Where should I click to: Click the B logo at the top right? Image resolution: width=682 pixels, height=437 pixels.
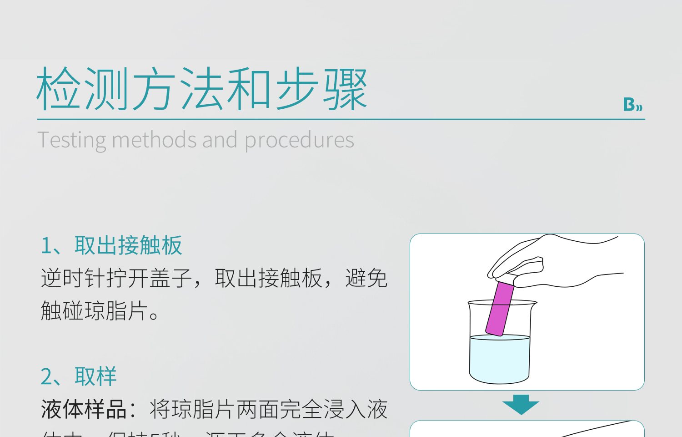(632, 105)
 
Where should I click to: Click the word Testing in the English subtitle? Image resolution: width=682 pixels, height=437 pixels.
(72, 140)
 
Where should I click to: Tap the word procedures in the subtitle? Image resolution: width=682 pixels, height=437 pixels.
(299, 140)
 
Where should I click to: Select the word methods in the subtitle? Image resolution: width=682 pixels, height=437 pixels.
(154, 140)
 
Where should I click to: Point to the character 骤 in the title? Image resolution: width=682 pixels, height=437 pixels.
(345, 89)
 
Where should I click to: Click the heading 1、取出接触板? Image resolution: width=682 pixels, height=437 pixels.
(111, 246)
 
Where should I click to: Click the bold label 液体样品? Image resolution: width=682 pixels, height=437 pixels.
(84, 409)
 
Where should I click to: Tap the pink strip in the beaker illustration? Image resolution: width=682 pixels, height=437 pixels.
(499, 309)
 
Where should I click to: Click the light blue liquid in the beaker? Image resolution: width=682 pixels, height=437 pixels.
(499, 358)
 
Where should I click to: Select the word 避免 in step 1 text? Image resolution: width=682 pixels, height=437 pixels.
(366, 278)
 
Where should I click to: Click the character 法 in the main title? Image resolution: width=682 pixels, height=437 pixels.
(201, 89)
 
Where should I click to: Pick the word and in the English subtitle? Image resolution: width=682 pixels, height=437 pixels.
(220, 140)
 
